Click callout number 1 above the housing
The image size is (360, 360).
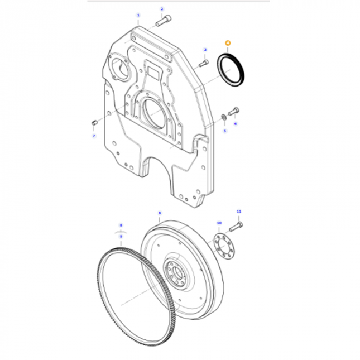[138, 15]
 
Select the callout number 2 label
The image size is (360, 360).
[162, 9]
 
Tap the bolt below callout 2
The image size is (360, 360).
[162, 22]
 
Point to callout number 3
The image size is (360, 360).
[205, 50]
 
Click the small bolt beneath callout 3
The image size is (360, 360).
[203, 64]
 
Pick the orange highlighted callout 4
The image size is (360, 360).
[227, 43]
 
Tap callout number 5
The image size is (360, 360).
[225, 131]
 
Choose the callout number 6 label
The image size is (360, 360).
[236, 123]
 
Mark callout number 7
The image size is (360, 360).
[93, 136]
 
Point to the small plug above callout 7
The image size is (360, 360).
[94, 122]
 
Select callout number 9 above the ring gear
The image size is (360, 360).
[121, 236]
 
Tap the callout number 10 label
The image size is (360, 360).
[219, 223]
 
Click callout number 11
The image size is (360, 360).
[238, 212]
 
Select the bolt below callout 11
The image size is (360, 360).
[236, 225]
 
